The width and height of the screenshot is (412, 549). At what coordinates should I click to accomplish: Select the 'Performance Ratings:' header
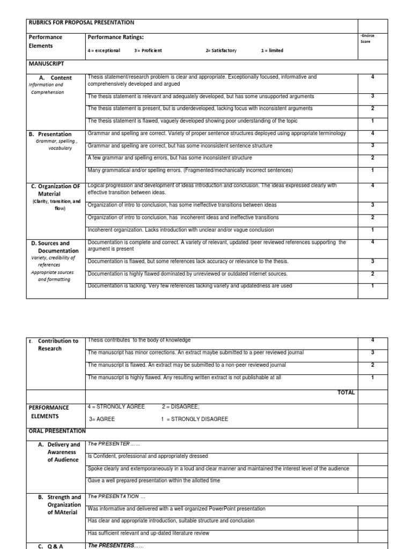(x=115, y=37)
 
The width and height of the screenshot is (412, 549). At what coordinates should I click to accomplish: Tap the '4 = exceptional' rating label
(x=104, y=50)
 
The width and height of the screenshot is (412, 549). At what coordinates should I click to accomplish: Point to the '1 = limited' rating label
(x=272, y=50)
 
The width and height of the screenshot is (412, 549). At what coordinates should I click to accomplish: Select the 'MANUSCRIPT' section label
(x=47, y=64)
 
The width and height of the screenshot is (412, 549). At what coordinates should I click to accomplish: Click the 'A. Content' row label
(x=55, y=78)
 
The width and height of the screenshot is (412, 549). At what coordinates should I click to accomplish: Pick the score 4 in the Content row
(x=372, y=77)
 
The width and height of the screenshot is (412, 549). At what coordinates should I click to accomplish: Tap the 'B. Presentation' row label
(x=55, y=134)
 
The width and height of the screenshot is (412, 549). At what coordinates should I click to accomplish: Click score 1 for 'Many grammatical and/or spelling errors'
(x=372, y=170)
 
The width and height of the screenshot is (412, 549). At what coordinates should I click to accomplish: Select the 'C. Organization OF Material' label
(x=55, y=190)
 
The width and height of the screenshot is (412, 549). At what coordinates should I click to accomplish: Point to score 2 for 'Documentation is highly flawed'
(x=372, y=273)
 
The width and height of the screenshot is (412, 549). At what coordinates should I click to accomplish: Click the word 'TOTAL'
(x=346, y=392)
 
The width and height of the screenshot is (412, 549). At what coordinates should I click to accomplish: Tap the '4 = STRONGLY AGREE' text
(x=116, y=407)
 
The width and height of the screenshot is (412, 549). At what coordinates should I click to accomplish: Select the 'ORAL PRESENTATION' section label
(x=57, y=431)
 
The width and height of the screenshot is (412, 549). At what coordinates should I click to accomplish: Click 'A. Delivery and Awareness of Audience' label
(x=63, y=452)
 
